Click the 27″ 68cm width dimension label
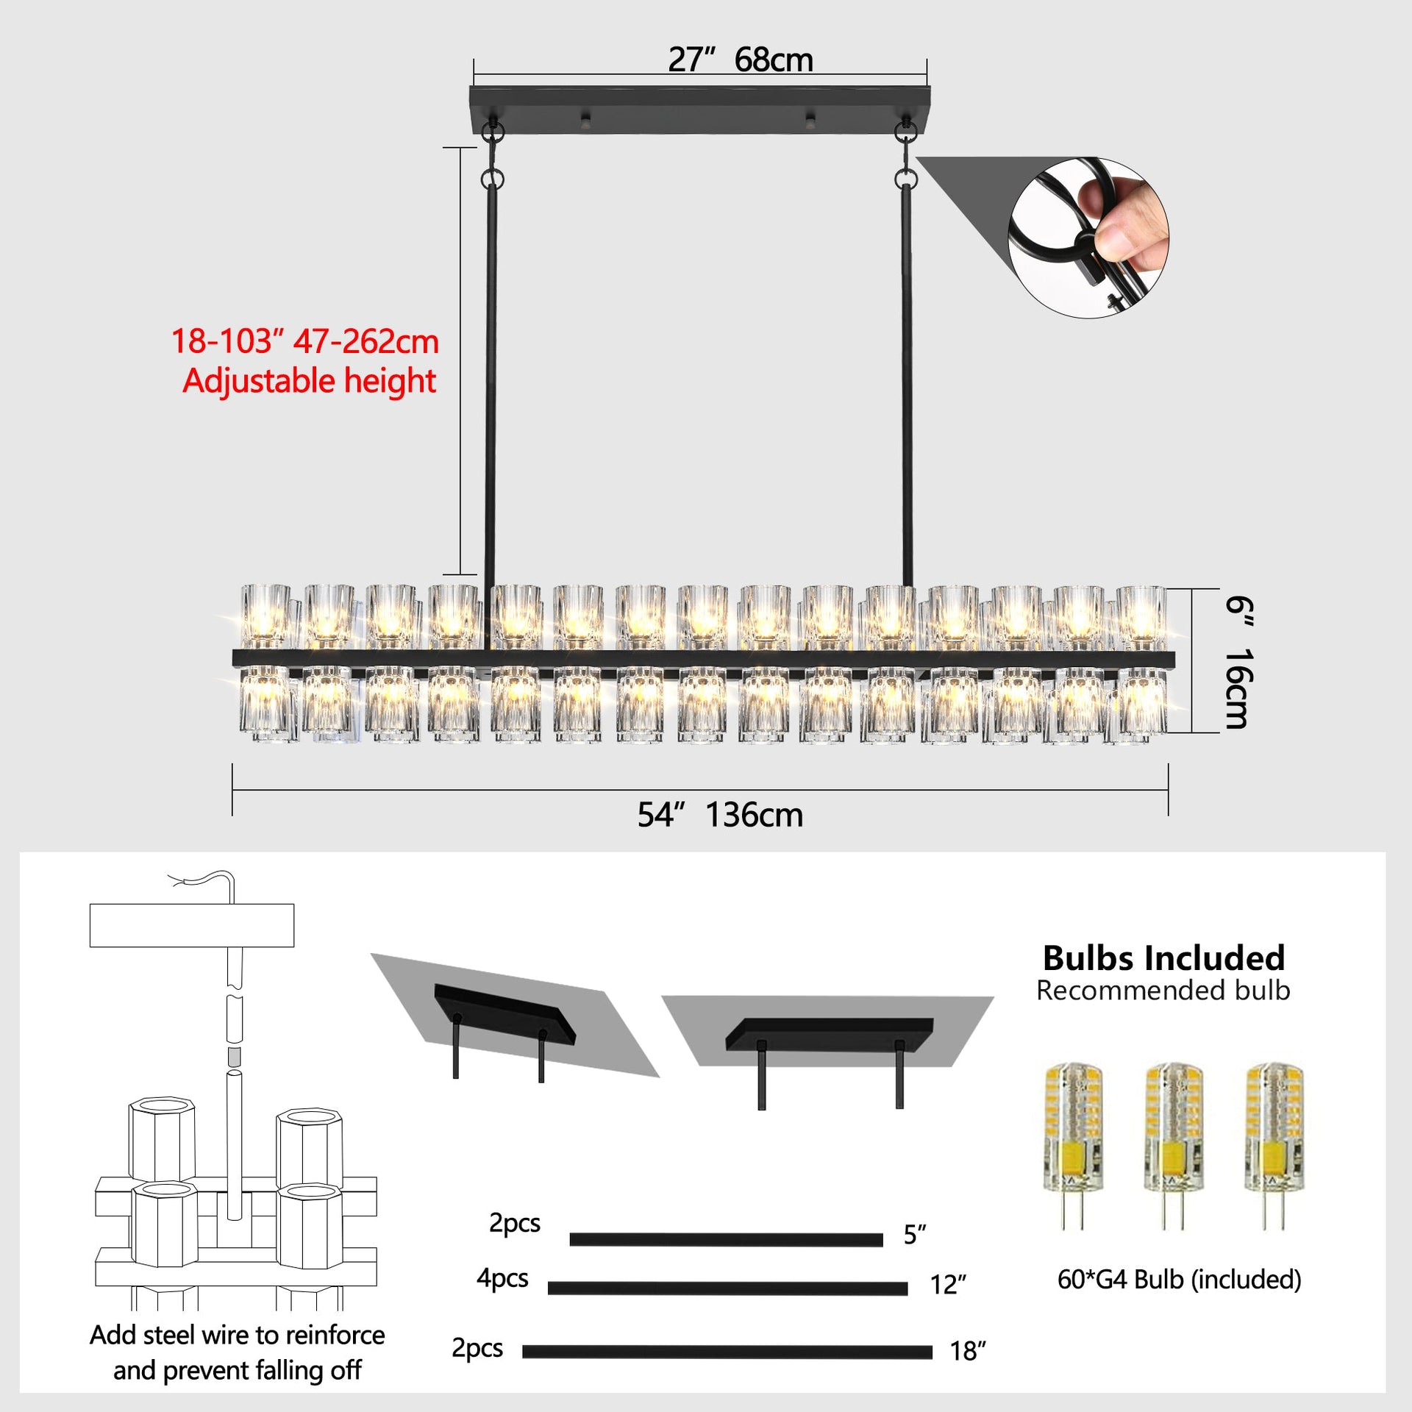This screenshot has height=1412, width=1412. [x=741, y=60]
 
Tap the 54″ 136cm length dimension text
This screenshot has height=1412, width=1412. [x=720, y=815]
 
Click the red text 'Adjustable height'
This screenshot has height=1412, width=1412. [x=309, y=381]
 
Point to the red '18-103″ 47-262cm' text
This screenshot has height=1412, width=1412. [x=304, y=341]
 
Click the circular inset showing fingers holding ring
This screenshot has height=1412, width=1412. [x=1088, y=238]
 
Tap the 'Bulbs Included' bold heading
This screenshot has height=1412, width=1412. [x=1163, y=958]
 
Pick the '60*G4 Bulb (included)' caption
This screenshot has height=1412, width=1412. [x=1179, y=1280]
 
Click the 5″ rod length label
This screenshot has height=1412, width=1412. [x=915, y=1235]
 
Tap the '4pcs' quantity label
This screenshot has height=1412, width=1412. [x=502, y=1278]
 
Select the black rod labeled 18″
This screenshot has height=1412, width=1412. [x=727, y=1352]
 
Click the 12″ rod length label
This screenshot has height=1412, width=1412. [x=947, y=1285]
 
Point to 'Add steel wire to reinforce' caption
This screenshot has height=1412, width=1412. [x=237, y=1335]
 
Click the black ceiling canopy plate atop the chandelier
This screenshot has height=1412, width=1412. [x=699, y=110]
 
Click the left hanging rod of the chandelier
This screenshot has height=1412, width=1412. [x=490, y=382]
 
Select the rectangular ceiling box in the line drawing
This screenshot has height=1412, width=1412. [x=191, y=925]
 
